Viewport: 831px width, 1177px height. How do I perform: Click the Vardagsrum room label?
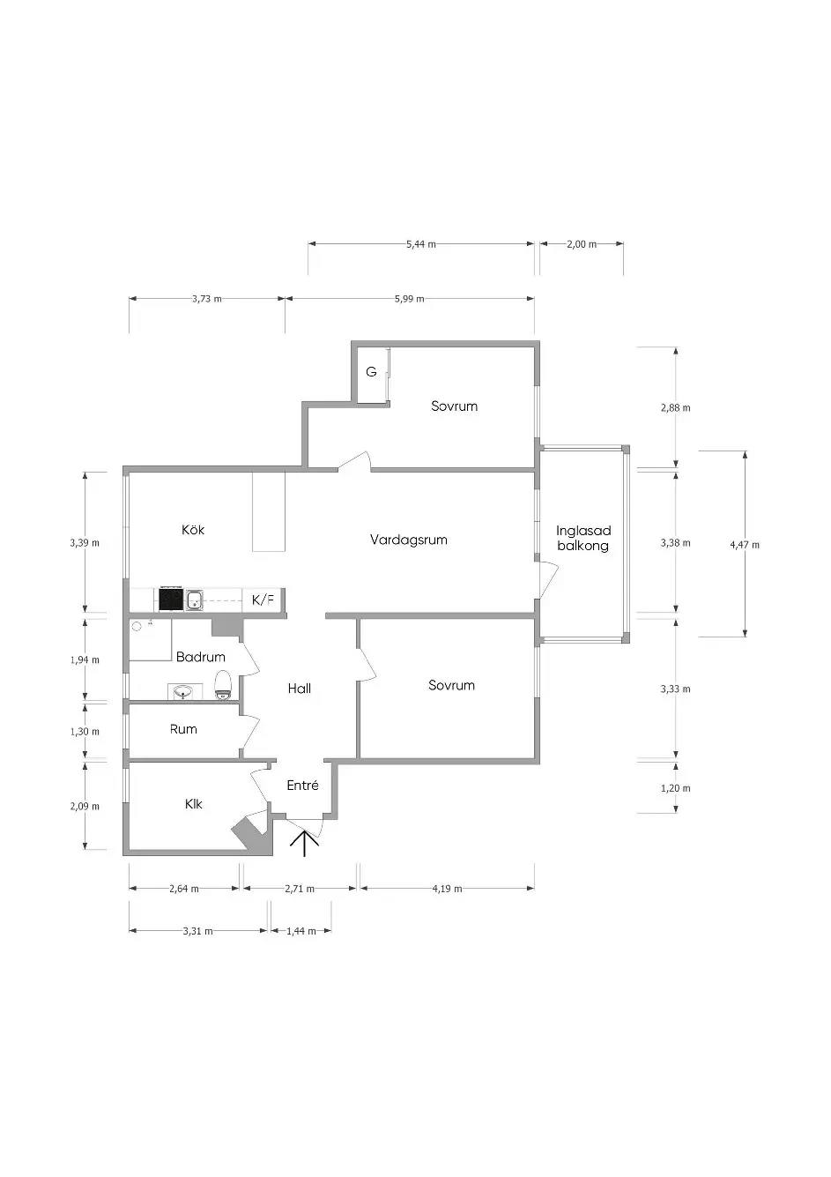408,540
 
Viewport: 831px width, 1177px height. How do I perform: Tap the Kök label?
193,529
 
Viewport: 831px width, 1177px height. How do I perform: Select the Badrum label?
201,656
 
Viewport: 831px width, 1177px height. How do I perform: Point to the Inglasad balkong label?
583,538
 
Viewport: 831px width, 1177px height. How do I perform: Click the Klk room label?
193,803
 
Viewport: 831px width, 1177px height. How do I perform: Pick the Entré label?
302,785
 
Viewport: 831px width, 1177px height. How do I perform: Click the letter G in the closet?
371,371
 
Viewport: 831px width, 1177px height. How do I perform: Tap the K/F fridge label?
263,600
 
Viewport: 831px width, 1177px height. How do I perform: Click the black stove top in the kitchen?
171,599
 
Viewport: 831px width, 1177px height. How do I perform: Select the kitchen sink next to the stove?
194,600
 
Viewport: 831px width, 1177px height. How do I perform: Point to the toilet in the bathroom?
223,685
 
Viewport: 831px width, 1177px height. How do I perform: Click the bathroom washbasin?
183,691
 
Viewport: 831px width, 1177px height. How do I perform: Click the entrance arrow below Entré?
305,842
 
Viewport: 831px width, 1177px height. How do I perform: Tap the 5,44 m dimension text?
421,244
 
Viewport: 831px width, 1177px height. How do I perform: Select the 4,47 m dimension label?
745,544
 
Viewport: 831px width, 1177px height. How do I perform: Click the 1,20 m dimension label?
676,787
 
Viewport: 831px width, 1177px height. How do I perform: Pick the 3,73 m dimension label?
207,299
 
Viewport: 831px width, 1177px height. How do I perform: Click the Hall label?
300,689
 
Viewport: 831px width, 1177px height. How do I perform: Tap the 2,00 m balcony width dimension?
582,244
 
